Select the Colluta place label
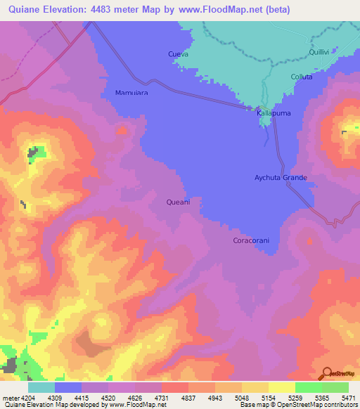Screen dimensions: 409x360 (x=301, y=77)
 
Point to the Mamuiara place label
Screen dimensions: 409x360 (x=131, y=93)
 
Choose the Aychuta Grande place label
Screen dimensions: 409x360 (x=281, y=178)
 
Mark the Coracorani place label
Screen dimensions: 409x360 (x=251, y=240)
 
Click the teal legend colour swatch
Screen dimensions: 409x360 (x=41, y=387)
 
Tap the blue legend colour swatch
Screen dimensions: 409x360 (x=68, y=387)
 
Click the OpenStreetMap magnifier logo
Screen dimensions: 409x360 (x=326, y=373)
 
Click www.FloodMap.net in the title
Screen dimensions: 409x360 (x=226, y=11)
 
